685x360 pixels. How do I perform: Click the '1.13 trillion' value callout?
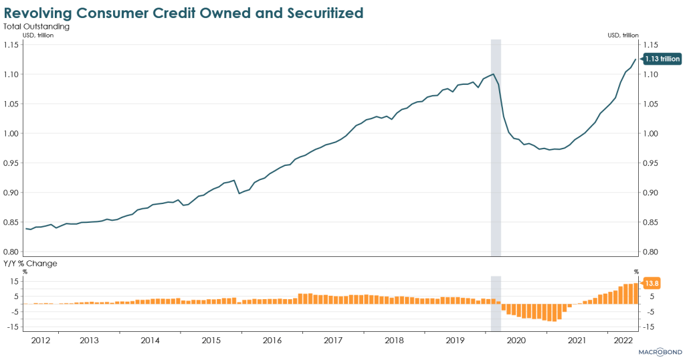click(662, 59)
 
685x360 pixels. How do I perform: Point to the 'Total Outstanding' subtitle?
click(37, 27)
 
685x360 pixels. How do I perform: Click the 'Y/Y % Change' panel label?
click(30, 263)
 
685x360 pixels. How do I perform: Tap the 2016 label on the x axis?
click(272, 340)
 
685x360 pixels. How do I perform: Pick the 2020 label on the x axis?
click(516, 340)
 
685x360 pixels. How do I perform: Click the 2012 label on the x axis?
click(40, 340)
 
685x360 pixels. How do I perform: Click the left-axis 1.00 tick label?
click(12, 133)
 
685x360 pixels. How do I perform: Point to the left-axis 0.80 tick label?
click(12, 252)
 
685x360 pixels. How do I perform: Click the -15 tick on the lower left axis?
click(11, 327)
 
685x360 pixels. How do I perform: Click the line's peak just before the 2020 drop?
click(493, 74)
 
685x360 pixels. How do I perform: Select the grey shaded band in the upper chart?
click(496, 147)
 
